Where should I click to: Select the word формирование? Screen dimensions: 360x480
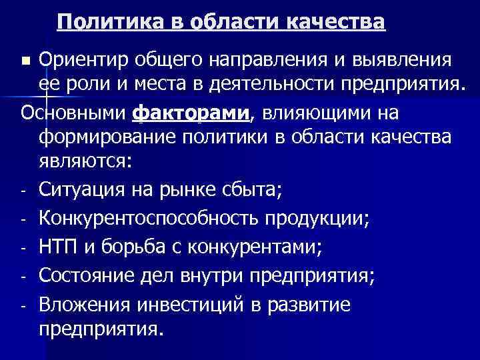coord(105,138)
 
